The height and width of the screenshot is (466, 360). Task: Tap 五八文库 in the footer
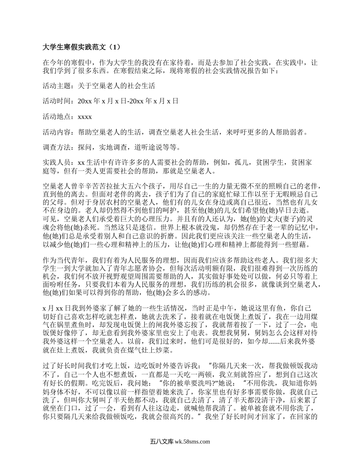point(161,442)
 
